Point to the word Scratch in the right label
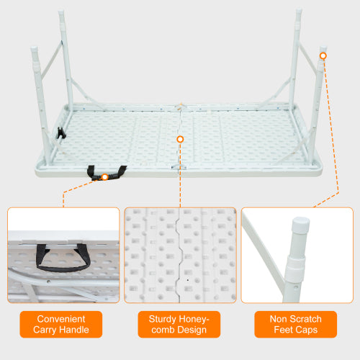click(x=305, y=319)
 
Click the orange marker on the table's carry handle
click(x=106, y=176)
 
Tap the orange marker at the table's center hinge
click(x=180, y=138)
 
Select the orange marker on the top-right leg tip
click(x=323, y=55)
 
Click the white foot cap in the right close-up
click(x=296, y=227)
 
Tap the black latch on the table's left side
click(x=61, y=134)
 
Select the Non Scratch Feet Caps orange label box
click(x=297, y=325)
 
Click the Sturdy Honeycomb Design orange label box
click(x=180, y=325)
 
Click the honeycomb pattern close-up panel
click(x=180, y=255)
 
